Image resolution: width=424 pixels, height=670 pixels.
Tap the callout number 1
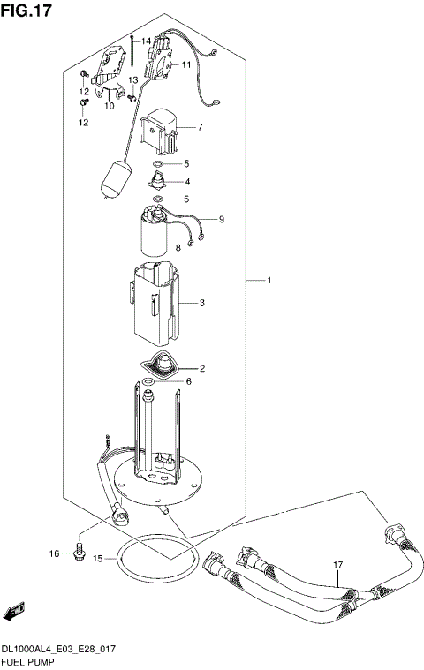point(269,281)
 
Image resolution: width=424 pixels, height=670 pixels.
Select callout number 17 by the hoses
point(337,565)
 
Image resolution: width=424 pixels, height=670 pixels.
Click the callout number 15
point(98,559)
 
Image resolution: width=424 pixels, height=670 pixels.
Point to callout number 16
point(54,553)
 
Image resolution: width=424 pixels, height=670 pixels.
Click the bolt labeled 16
point(78,552)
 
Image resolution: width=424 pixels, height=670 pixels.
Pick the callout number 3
point(202,303)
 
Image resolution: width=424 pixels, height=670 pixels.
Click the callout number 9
point(222,219)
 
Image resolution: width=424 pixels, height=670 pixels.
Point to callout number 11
point(186,64)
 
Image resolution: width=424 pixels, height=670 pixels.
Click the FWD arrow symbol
point(15,612)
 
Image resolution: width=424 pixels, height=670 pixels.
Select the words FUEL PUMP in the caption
point(30,660)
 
